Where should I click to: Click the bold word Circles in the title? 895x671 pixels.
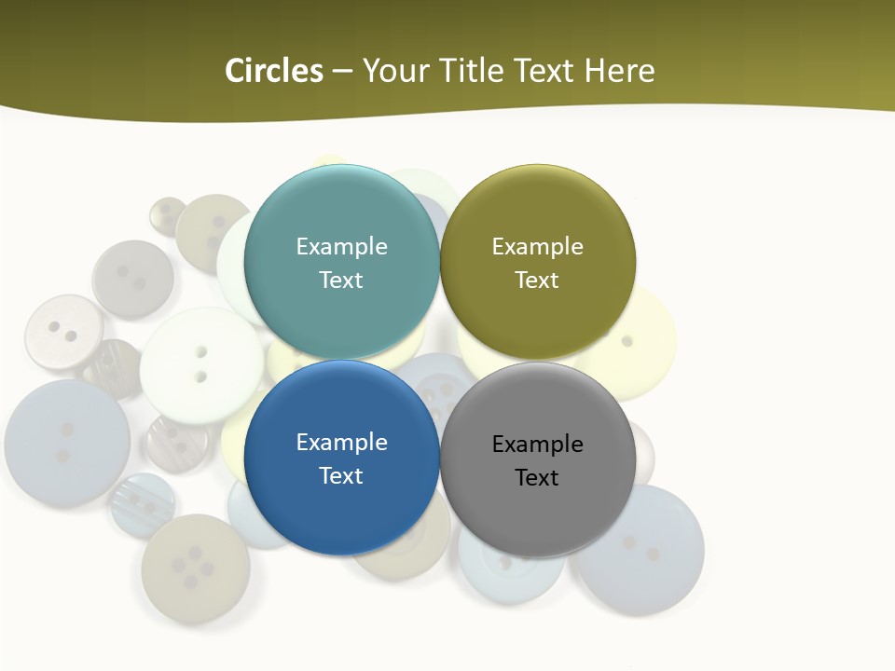[x=274, y=71]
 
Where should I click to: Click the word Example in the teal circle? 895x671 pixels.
[x=341, y=246]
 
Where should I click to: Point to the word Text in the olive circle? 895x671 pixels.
[x=537, y=280]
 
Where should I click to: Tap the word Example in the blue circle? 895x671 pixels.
[x=341, y=442]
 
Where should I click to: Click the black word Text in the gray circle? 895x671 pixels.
[x=537, y=477]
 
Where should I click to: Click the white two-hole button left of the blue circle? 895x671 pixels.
[x=200, y=364]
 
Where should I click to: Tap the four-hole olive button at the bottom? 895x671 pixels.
[x=195, y=568]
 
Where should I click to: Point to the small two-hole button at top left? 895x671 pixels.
[x=168, y=214]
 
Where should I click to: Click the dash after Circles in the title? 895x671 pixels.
[x=341, y=71]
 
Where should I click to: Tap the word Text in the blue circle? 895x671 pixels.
[x=341, y=475]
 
